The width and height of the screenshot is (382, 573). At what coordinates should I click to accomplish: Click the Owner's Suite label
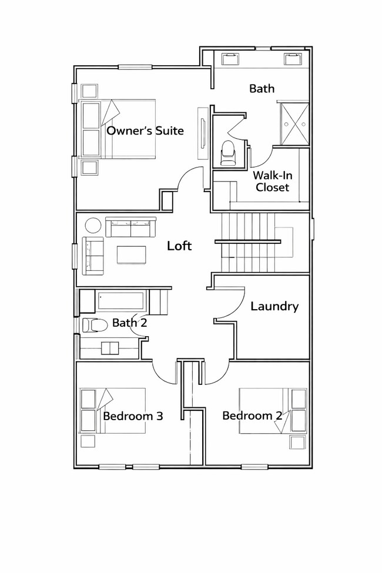coord(145,130)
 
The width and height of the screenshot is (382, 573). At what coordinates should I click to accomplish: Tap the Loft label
coord(179,246)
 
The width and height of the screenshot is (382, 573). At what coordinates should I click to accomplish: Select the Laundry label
coord(274,306)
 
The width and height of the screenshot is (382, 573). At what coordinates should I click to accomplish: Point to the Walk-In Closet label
coord(271,182)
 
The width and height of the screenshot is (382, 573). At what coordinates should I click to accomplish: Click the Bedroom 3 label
coord(133,416)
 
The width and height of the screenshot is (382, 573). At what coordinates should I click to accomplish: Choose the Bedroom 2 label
coord(252,415)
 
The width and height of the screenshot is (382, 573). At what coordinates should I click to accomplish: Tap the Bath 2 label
coord(129,322)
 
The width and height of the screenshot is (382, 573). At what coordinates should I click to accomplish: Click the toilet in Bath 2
coord(93,324)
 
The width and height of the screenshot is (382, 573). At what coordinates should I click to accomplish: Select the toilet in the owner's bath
coord(227,153)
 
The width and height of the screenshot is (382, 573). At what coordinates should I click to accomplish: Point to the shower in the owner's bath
coord(293,123)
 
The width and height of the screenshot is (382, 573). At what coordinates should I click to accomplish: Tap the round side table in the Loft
coord(93,226)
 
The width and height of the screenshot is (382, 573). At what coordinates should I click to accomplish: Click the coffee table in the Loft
coord(132,254)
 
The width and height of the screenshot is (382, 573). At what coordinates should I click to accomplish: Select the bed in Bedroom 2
coord(273,410)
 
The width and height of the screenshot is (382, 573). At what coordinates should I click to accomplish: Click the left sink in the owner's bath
coord(230,58)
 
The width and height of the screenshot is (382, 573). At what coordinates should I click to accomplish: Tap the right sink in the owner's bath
coord(292,58)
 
